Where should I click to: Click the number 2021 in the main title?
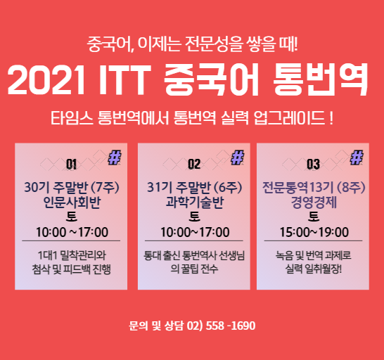pos(46,79)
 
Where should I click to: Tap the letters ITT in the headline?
pos(124,79)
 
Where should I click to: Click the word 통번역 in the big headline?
pos(320,79)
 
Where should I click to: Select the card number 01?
pos(71,164)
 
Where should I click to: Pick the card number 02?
pos(194,164)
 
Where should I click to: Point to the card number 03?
pos(313,164)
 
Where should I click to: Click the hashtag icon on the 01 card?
pos(115,157)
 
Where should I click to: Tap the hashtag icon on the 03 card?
pos(357,157)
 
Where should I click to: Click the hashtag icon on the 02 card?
pos(238,157)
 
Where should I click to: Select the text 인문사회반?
pos(72,202)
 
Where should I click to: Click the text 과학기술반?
pos(195,202)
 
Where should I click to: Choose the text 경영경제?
pos(314,202)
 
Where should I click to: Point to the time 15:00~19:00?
pos(314,232)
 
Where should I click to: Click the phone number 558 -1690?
pos(231,326)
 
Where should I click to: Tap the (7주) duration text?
pos(105,188)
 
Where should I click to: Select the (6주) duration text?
pos(228,188)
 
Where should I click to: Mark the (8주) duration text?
pos(351,188)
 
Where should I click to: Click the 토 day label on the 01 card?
pos(72,217)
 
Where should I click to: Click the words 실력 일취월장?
pos(313,269)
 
